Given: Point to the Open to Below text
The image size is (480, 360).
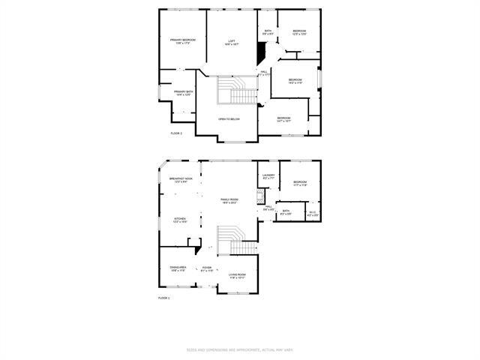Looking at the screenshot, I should point(229,119).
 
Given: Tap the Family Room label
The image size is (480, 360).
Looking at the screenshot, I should point(229,200).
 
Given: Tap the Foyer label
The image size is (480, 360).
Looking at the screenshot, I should point(206,268).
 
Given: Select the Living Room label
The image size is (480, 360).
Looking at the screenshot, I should point(237,275).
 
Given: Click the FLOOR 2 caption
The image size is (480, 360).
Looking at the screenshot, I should point(175,133).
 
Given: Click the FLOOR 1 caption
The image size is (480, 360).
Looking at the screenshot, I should point(163,298).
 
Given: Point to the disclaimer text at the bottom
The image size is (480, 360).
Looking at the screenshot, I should point(239,349).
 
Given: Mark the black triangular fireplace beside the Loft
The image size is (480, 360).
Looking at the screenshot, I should point(261,53).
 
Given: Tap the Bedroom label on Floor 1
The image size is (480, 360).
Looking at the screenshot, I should point(300,183).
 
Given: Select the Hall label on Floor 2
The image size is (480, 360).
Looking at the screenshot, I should point(264,73).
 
